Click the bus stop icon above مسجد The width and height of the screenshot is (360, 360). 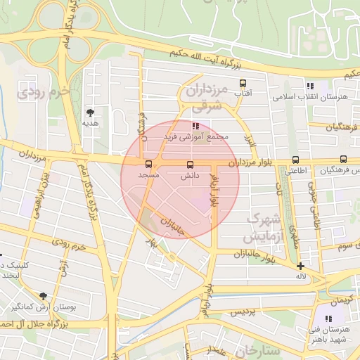click(x=148, y=165)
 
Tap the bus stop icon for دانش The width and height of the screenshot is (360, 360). click(x=189, y=165)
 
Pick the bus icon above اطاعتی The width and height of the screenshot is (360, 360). click(x=295, y=160)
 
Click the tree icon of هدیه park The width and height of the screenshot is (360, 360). click(x=90, y=112)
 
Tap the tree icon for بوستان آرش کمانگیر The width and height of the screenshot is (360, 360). click(x=44, y=296)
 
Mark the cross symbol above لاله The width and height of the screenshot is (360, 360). click(x=301, y=266)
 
